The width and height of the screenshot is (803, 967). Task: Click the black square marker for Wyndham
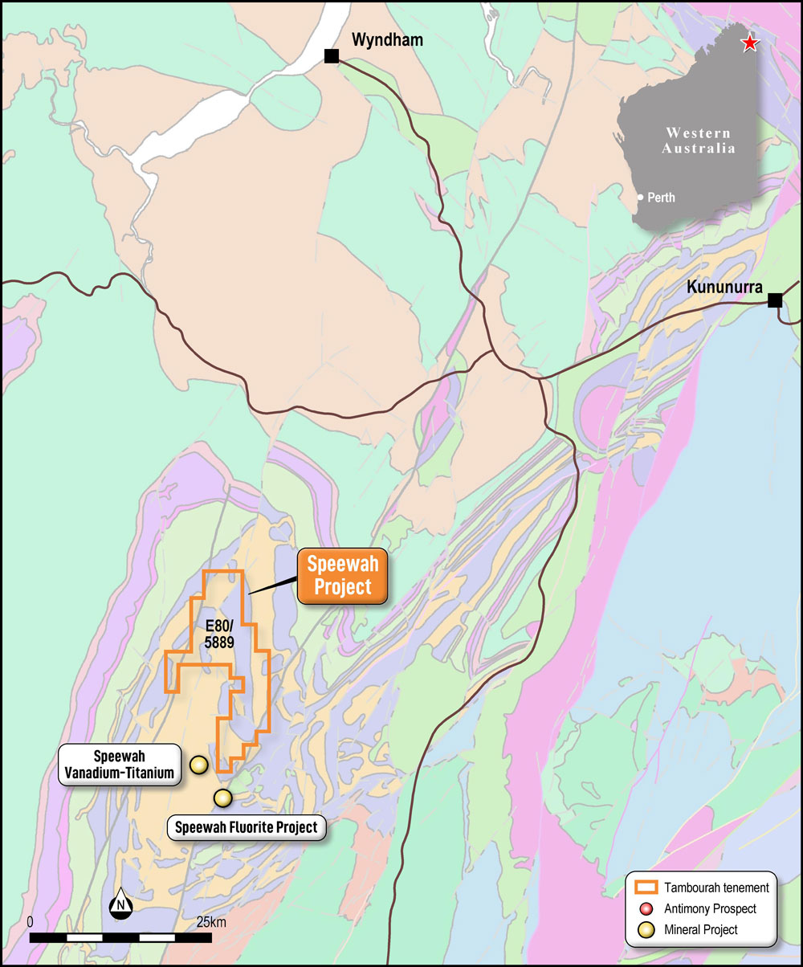(x=331, y=55)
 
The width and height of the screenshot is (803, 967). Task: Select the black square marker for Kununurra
(x=775, y=300)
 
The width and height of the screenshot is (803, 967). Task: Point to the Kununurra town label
(x=724, y=288)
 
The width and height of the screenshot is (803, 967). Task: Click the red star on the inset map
(x=749, y=43)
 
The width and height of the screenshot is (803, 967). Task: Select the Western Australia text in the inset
(x=698, y=141)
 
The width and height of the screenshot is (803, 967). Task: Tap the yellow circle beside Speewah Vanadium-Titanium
(x=198, y=765)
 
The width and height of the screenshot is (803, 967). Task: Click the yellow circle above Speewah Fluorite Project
(x=222, y=798)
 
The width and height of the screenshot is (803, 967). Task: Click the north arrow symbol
(x=120, y=905)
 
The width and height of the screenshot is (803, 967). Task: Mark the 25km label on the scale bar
(x=210, y=922)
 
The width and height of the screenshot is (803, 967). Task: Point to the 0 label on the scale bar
(x=31, y=922)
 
